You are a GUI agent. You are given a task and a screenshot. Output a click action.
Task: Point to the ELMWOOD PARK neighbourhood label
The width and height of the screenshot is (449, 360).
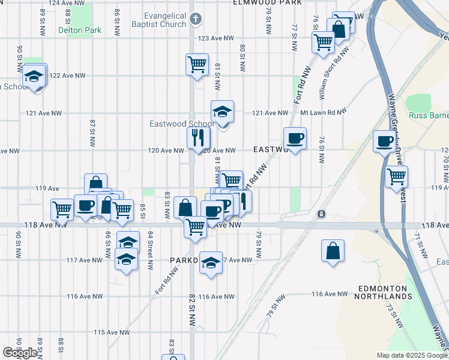[x=268, y=3]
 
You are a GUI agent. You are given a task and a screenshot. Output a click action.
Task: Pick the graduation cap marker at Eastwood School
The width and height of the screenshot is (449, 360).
[x=222, y=112]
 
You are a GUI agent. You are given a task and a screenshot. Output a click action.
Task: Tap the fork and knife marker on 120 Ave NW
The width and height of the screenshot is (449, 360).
[x=198, y=139]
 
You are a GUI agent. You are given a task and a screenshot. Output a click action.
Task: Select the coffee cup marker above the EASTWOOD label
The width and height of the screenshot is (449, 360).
[x=295, y=139]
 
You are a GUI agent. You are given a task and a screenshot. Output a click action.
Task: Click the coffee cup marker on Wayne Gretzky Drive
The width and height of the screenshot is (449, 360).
[x=385, y=142]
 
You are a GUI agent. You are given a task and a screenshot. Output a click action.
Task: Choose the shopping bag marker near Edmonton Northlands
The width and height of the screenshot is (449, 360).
[x=333, y=251]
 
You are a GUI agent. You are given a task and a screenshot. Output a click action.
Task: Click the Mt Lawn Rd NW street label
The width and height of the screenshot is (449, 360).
[x=324, y=112]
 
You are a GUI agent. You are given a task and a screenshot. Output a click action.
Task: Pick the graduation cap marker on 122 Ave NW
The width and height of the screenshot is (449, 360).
[x=35, y=76]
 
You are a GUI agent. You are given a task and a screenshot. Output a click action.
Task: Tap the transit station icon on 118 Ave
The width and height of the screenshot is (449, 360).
[x=322, y=214]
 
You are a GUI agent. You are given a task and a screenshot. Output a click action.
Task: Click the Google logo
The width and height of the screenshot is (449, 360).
[x=20, y=353]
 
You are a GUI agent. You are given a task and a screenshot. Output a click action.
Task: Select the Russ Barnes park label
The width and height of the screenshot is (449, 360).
[x=429, y=115]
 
